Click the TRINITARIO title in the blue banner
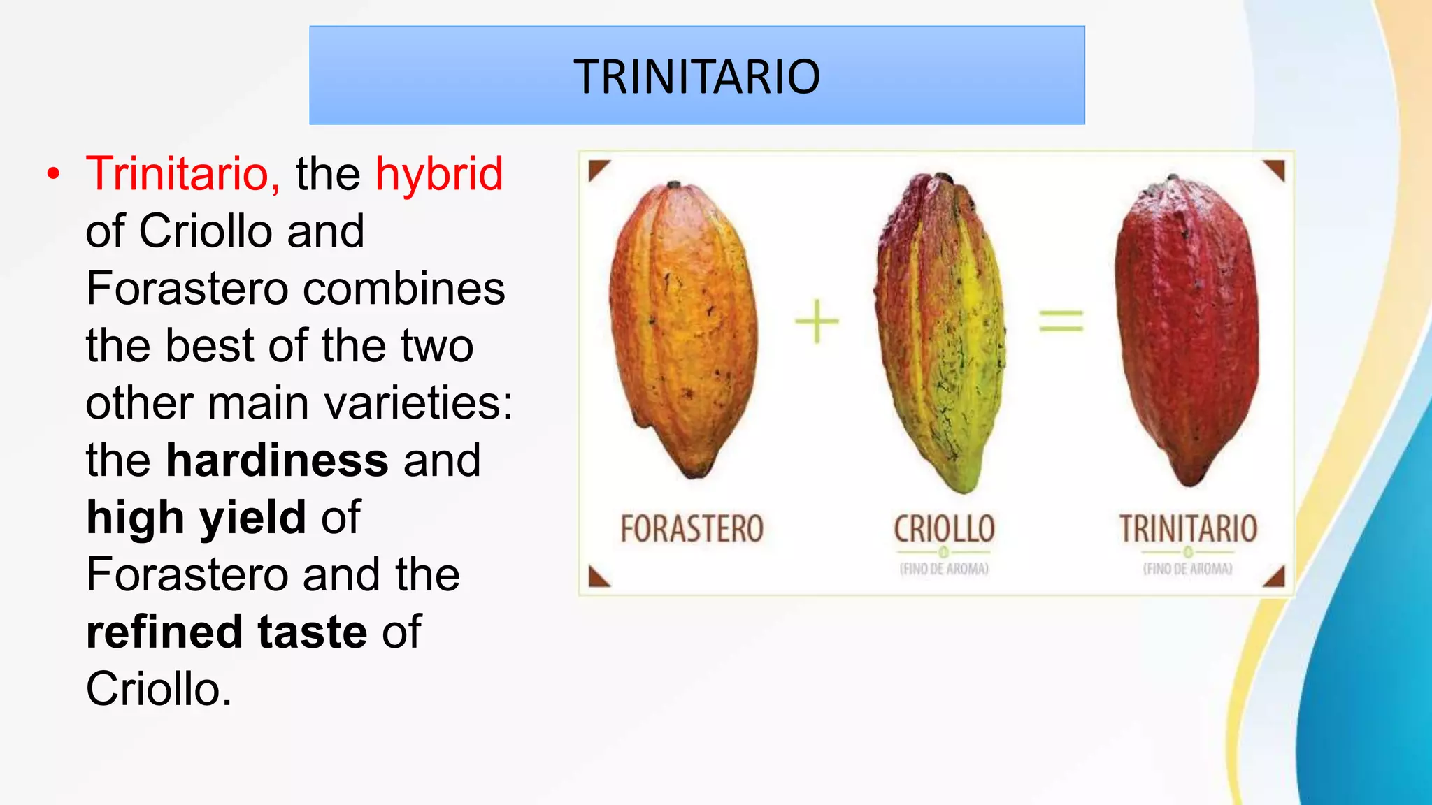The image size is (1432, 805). (696, 76)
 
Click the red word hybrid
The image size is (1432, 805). (439, 173)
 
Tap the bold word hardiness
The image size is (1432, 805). (277, 460)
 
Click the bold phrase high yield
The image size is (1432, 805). (196, 517)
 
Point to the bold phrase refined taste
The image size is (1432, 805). (226, 632)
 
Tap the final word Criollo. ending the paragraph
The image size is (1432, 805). (158, 689)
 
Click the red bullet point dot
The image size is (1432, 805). (54, 174)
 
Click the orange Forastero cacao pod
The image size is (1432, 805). (684, 328)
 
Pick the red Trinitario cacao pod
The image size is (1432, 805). (1187, 328)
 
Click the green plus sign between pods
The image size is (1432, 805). (817, 321)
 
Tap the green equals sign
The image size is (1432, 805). (1061, 321)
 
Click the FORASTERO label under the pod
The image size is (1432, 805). (692, 529)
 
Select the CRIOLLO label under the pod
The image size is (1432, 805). (944, 529)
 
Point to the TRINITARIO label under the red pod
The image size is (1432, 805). (1188, 529)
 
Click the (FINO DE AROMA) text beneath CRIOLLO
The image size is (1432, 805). (944, 569)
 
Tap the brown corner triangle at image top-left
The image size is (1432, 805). (596, 168)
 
